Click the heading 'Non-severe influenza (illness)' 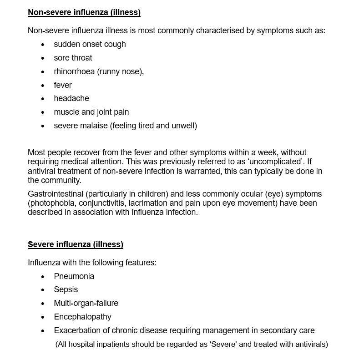click(84, 12)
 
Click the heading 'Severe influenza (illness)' click(76, 244)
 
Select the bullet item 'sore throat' click(73, 58)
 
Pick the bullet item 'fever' click(63, 85)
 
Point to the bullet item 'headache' click(71, 98)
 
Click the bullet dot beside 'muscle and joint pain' click(43, 112)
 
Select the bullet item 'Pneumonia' click(74, 276)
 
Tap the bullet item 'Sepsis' click(66, 289)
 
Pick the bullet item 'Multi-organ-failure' click(86, 303)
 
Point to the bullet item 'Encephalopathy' click(82, 317)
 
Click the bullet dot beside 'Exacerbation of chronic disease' click(43, 331)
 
